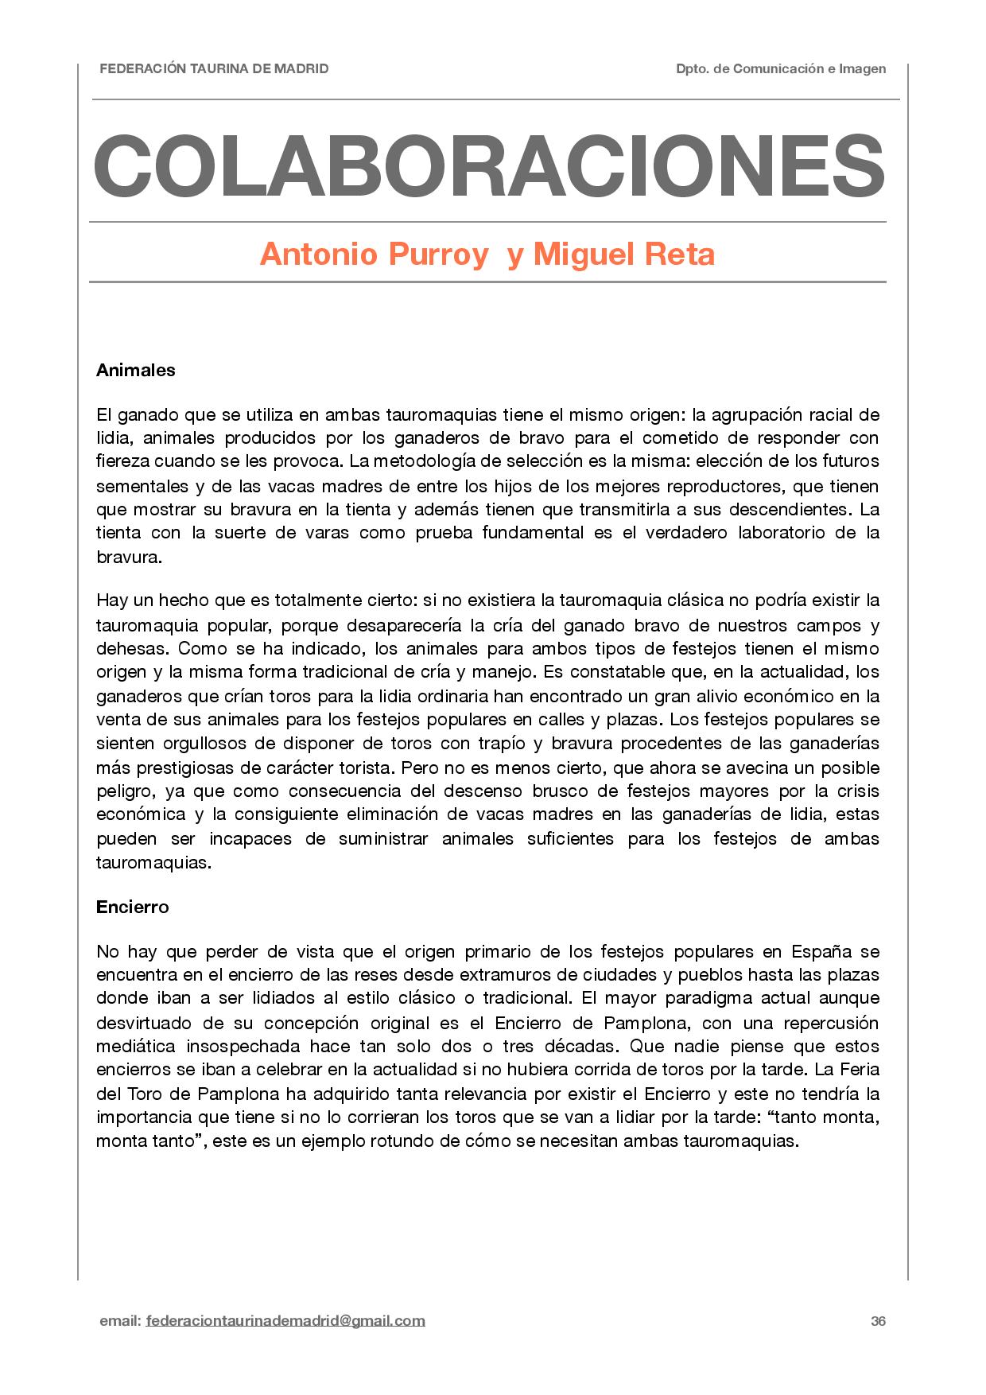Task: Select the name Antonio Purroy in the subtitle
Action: (373, 255)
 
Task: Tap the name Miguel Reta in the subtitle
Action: (624, 255)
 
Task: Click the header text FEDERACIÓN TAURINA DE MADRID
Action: (214, 69)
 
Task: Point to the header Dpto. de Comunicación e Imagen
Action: (780, 69)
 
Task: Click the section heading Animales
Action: (135, 370)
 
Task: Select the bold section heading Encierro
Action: (132, 907)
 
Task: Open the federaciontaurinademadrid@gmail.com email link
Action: (285, 1321)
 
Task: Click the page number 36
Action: (878, 1321)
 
